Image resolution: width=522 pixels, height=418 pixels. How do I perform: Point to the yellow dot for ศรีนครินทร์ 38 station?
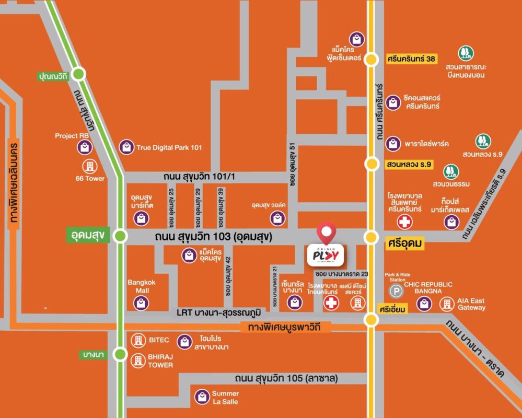[372, 59]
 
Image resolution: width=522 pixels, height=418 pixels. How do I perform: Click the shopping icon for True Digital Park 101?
[126, 147]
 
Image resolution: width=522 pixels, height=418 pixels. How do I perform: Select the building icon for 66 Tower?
[89, 167]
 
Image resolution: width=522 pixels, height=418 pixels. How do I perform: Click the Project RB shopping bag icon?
[85, 147]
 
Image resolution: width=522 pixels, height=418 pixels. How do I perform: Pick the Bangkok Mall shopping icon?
[141, 303]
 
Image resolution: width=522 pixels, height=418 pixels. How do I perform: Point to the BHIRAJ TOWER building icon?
[138, 360]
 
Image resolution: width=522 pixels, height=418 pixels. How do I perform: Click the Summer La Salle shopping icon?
[202, 397]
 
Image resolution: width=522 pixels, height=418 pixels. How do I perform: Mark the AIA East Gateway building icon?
[447, 304]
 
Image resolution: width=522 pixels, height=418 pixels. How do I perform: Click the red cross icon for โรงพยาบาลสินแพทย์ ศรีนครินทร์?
[404, 222]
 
